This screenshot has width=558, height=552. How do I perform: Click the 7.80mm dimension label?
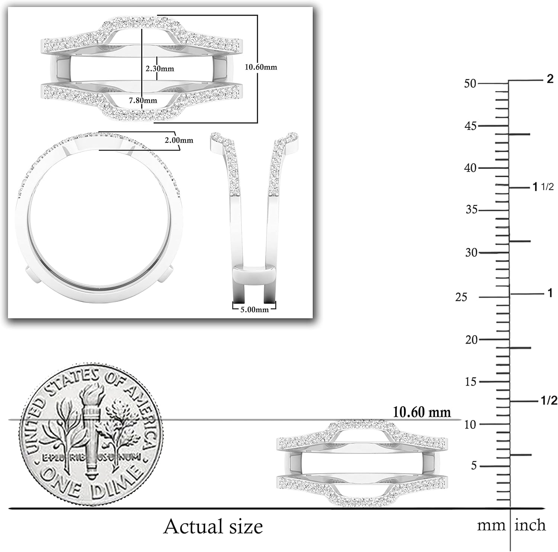143,100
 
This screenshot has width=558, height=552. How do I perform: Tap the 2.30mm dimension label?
160,69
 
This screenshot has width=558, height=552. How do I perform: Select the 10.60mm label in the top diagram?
261,67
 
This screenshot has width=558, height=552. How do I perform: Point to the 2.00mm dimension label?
179,141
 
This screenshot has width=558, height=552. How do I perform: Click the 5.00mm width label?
254,310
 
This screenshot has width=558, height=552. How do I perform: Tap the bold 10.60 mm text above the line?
422,412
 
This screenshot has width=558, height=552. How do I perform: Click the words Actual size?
213,526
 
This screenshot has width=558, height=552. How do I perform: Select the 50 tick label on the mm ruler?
470,84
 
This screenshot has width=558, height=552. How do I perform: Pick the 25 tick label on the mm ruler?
461,297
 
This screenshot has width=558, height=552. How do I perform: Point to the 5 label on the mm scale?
474,466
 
